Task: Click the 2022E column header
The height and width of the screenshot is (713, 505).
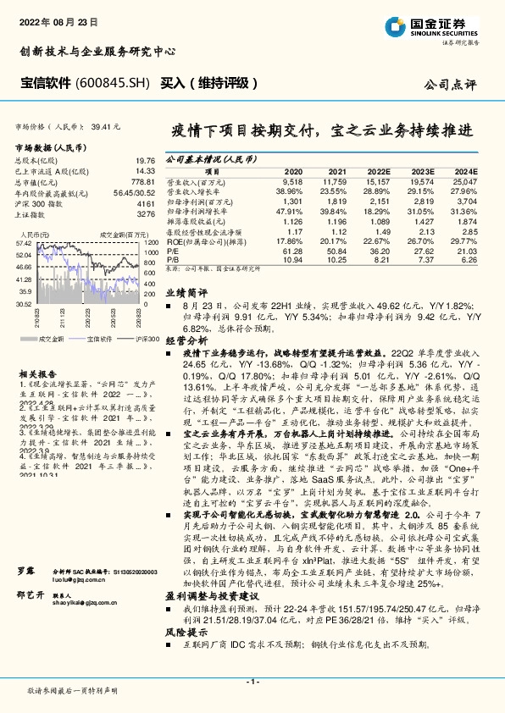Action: (x=379, y=169)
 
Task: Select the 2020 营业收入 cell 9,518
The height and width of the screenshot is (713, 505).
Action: (x=291, y=181)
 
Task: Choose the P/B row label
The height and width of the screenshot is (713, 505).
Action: (x=172, y=259)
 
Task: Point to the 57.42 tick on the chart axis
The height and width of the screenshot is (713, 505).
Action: (x=24, y=242)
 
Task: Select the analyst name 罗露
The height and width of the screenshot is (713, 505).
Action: (x=25, y=597)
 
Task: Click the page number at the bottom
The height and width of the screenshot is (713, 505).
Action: (x=252, y=681)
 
